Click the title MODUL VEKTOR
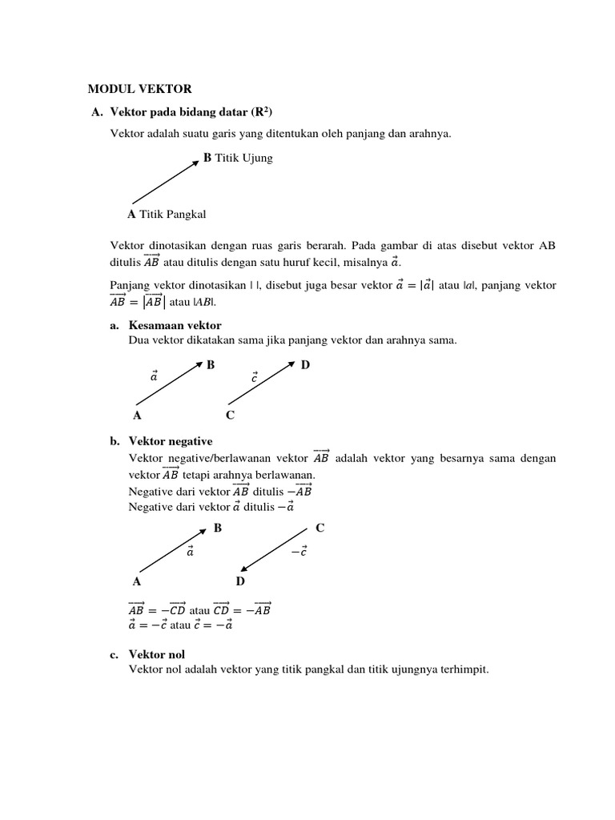pos(139,89)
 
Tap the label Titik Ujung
pos(243,158)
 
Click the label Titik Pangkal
pos(172,214)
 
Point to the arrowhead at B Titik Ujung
pos(196,163)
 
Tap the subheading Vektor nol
pos(157,654)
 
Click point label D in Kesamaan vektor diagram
pos(305,365)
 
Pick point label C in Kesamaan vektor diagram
pos(230,415)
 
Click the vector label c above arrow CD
pos(254,376)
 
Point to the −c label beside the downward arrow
pos(299,552)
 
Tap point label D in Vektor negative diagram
pos(240,581)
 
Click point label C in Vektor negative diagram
pos(320,529)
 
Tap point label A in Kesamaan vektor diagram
pos(137,415)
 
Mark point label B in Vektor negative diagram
pos(217,529)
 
